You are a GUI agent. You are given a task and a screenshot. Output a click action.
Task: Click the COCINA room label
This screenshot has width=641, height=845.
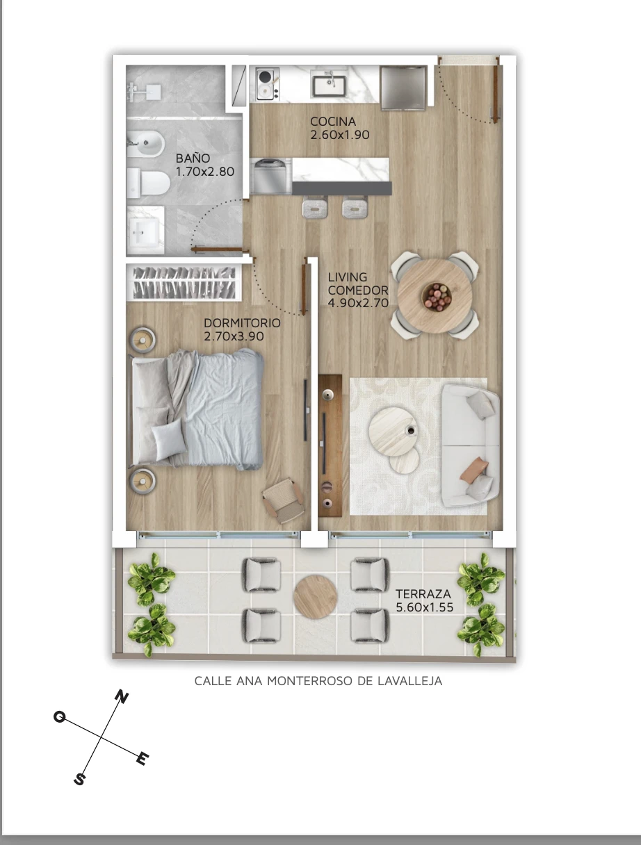click(333, 122)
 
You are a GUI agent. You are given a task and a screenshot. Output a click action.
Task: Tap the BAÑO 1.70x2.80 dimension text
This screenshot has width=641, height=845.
click(205, 172)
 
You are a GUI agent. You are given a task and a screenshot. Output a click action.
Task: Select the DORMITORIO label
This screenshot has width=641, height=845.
click(242, 323)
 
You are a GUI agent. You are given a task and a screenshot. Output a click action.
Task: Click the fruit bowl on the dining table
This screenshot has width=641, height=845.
click(437, 297)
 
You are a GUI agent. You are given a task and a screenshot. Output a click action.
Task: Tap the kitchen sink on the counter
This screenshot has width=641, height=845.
click(329, 85)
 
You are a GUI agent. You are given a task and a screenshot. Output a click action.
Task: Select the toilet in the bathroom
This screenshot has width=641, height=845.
click(148, 183)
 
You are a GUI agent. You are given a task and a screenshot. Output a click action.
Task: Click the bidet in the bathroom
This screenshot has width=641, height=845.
click(145, 144)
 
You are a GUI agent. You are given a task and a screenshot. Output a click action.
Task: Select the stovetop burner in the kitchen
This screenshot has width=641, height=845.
click(268, 84)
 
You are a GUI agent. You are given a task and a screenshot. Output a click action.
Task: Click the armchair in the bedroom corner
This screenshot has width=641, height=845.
click(284, 500)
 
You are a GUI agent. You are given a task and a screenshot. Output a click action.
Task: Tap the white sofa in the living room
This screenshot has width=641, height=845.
click(471, 445)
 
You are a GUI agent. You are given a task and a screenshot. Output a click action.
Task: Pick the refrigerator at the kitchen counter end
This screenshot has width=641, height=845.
click(404, 88)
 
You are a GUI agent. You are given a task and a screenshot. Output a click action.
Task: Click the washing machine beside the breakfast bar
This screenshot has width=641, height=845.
click(270, 177)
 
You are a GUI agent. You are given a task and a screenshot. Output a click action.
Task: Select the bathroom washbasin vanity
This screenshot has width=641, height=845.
click(146, 230)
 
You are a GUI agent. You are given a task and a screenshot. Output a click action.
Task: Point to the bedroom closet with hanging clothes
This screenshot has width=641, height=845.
click(184, 283)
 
